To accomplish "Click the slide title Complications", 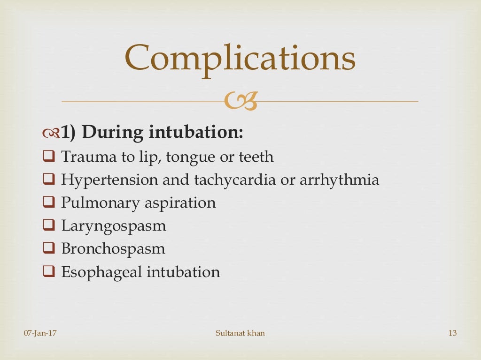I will tap(240, 58).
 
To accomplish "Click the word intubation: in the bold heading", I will tap(196, 133).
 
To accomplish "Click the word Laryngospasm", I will tap(114, 225).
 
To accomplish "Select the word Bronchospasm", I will tap(113, 248).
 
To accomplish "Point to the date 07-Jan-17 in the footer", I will tap(40, 333).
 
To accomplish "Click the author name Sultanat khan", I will tap(240, 333).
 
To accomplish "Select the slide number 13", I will tap(452, 333).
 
